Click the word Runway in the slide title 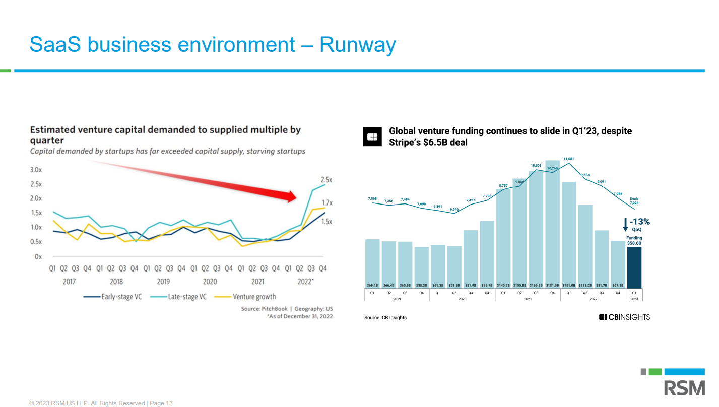(x=358, y=45)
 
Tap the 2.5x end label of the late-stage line (x=326, y=180)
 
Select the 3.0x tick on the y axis (x=36, y=170)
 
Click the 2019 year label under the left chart (x=163, y=282)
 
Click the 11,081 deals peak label (x=569, y=159)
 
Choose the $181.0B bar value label (x=552, y=285)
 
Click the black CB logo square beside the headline (x=373, y=137)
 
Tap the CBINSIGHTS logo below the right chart (x=624, y=317)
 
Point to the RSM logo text (x=684, y=388)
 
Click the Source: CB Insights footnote (x=385, y=318)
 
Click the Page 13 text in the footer (x=161, y=403)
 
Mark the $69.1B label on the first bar (x=372, y=285)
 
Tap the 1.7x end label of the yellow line (x=327, y=203)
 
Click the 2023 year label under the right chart (x=634, y=299)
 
